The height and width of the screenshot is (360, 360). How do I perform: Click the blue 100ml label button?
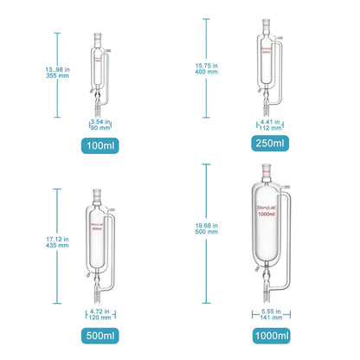point(102,145)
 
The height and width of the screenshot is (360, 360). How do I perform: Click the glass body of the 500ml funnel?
point(103,242)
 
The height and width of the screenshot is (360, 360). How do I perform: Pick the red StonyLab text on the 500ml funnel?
point(102,225)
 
